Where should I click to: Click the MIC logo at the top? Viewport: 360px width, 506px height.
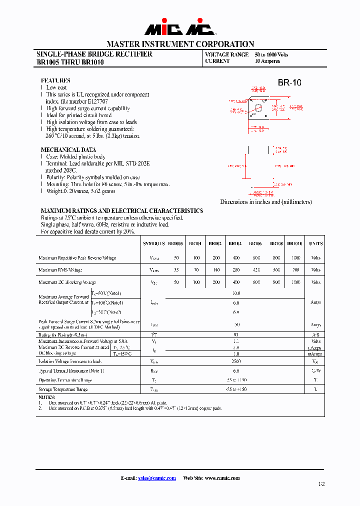tap(180, 28)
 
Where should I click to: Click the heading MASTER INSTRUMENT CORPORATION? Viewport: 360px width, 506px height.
tap(180, 44)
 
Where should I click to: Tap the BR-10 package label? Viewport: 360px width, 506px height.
tap(289, 83)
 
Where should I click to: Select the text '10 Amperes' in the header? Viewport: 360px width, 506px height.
tap(267, 61)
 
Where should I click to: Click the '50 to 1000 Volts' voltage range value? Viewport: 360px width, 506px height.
tap(271, 54)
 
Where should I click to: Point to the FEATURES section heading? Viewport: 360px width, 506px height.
tap(55, 80)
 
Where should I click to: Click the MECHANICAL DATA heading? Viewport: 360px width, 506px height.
tap(68, 150)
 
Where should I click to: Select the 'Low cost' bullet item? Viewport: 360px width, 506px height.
tap(56, 87)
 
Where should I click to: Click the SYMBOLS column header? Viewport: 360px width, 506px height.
tap(154, 243)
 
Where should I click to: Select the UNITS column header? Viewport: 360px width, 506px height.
tap(315, 243)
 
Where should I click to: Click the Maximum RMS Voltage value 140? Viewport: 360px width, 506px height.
tap(215, 270)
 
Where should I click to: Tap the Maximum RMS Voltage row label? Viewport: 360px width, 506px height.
tap(60, 270)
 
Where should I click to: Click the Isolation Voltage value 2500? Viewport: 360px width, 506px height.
tap(236, 361)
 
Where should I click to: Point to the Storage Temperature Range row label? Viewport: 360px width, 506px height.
tap(63, 389)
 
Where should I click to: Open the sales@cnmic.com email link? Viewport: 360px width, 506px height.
tap(157, 478)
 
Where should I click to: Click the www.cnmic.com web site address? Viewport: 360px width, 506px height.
tap(222, 478)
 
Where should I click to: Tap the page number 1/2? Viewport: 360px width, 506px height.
tap(321, 484)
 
